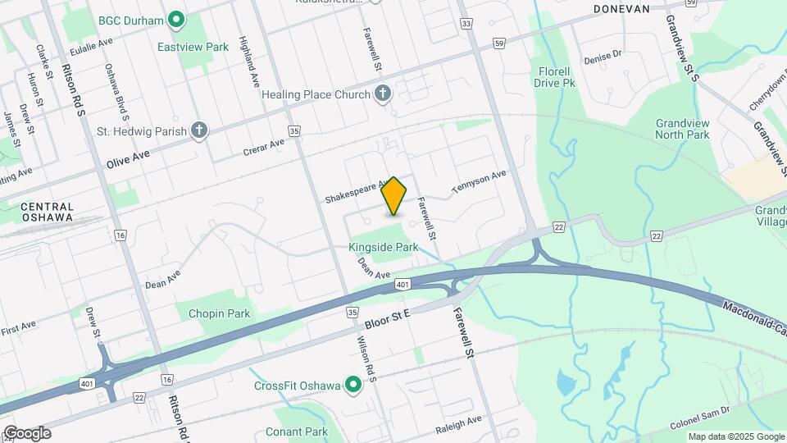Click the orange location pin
point(394,195)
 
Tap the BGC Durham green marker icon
point(175,19)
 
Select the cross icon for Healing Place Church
point(381,94)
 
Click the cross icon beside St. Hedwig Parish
point(198,130)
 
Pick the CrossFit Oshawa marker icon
point(353,385)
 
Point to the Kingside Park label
point(383,246)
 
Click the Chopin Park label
point(219,313)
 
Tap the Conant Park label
point(296,432)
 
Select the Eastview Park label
point(193,47)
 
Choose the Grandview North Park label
point(682,129)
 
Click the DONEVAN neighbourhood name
point(621,9)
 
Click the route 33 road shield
point(466,25)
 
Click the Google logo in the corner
point(27,433)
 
